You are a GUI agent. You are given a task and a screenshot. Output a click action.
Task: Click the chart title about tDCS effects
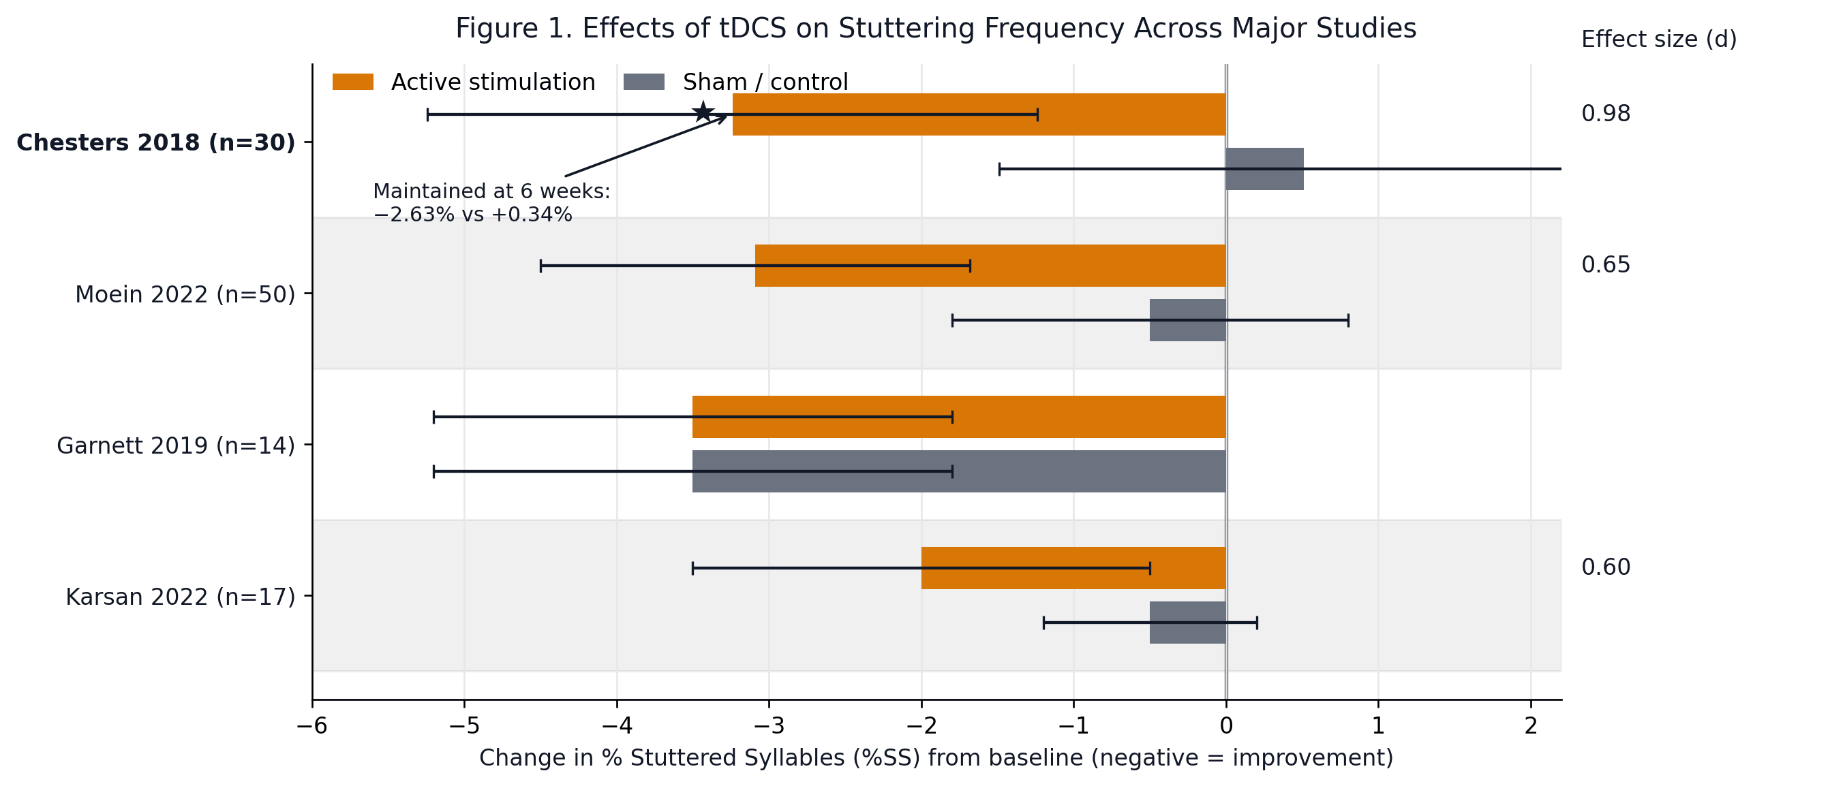pos(936,29)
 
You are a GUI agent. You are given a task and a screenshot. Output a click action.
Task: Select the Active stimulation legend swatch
pos(352,82)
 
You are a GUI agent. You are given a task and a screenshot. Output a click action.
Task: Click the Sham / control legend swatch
pos(643,82)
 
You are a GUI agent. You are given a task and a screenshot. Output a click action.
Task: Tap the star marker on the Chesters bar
pos(703,112)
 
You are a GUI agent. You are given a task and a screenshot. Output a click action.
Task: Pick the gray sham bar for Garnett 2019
pos(958,471)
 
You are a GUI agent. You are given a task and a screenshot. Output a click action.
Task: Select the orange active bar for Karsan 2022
pos(1073,568)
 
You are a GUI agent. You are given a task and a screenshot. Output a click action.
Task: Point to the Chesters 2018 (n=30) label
pos(155,143)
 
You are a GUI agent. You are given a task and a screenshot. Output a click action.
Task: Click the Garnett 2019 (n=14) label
pos(175,446)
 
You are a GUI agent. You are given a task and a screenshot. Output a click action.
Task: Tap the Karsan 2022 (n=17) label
pos(180,597)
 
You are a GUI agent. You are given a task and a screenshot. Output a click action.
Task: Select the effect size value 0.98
pos(1605,114)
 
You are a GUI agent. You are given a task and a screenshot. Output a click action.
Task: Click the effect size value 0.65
pos(1605,265)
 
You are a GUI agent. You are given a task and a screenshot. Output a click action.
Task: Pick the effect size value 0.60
pos(1605,567)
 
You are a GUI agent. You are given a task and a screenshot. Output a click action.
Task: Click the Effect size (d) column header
pos(1658,40)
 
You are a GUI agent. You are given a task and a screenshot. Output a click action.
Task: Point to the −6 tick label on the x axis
pos(311,725)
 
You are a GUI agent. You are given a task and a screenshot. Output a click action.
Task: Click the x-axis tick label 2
pos(1530,725)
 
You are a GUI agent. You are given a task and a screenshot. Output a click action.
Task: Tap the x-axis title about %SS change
pos(936,758)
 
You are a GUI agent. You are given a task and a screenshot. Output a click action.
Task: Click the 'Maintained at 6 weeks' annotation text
pos(491,202)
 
